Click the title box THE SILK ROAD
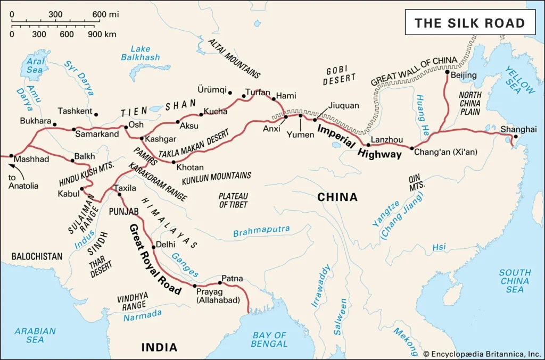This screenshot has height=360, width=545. coord(469,23)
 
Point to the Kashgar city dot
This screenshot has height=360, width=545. coord(141,139)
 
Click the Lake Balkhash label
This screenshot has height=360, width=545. coord(140,53)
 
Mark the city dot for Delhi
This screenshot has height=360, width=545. coord(153,246)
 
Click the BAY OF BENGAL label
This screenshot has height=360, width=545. coord(269,339)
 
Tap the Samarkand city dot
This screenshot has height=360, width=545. coord(74,129)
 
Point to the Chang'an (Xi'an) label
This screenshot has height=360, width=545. coord(446,152)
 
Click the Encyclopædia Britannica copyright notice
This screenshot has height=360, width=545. coord(482,354)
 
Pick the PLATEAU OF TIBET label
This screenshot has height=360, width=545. coord(233,200)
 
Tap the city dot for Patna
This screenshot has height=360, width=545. coord(220,283)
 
